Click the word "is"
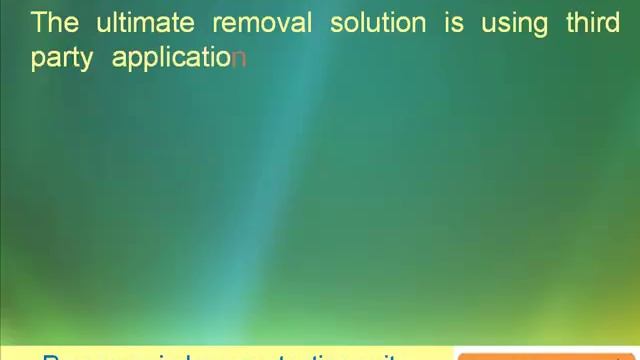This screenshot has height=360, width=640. tap(454, 23)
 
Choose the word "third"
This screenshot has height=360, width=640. tap(593, 23)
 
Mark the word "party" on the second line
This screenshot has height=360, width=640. tap(62, 59)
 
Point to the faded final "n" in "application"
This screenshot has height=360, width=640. tap(239, 59)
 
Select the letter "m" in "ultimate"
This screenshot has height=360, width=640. tap(146, 25)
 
